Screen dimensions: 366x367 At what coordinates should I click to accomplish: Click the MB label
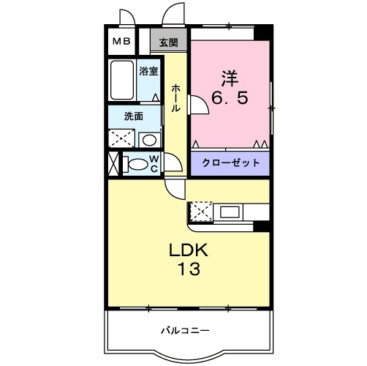[x=121, y=41]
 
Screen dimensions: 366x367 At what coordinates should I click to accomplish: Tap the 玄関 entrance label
[x=168, y=42]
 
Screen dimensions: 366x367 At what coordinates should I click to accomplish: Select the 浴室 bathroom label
[x=149, y=71]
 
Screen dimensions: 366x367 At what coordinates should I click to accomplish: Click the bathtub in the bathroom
[x=122, y=82]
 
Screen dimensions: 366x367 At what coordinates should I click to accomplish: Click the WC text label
[x=154, y=163]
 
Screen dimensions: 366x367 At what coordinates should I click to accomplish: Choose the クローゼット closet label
[x=230, y=163]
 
